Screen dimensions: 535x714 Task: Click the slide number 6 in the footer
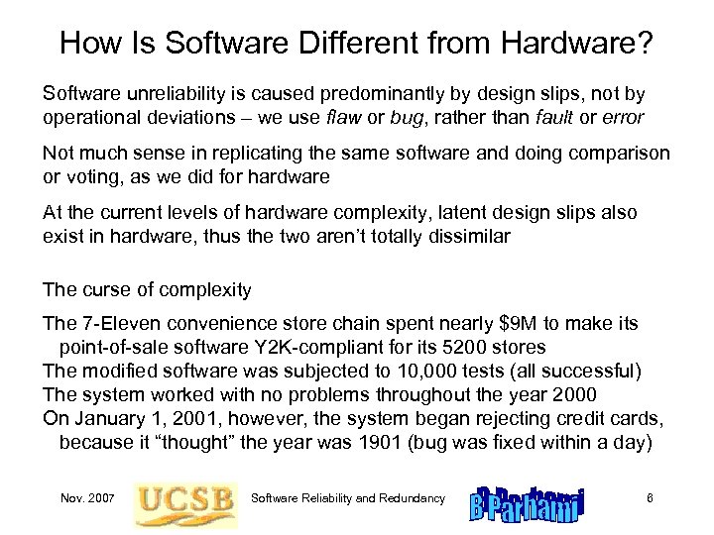point(649,496)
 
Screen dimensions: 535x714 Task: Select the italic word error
point(623,117)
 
